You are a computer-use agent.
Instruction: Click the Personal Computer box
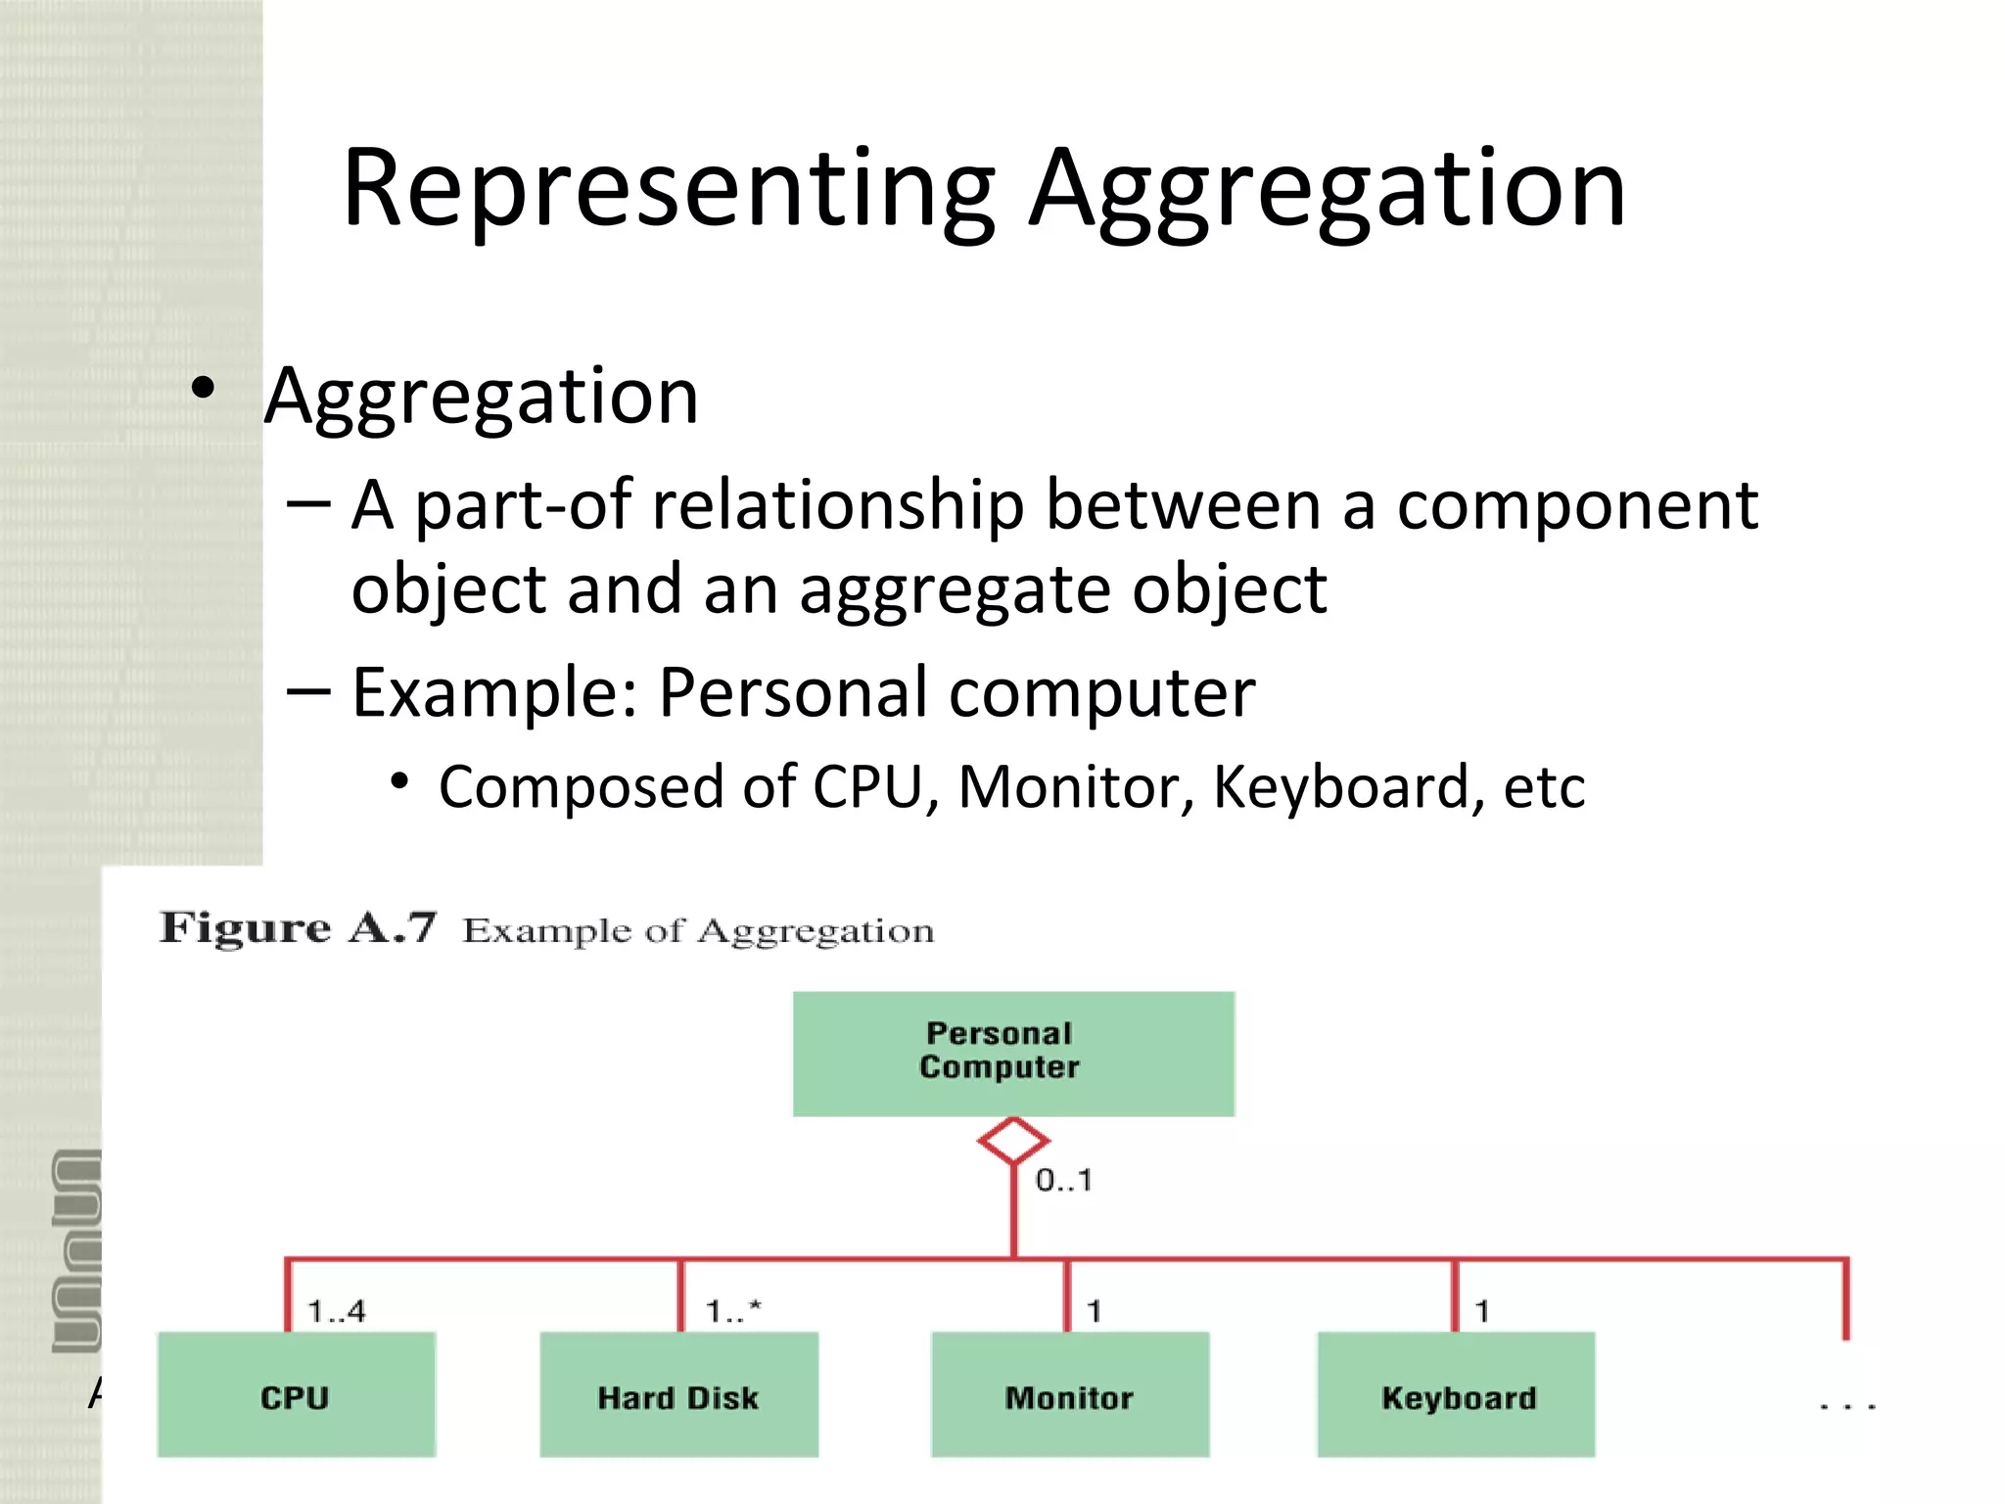click(x=1013, y=1054)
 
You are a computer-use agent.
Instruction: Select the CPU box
click(x=296, y=1394)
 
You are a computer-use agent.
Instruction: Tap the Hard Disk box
click(x=678, y=1394)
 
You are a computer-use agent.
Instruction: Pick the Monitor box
click(x=1069, y=1394)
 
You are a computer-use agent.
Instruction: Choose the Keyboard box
click(x=1456, y=1394)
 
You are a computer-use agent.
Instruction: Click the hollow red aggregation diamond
click(x=1013, y=1141)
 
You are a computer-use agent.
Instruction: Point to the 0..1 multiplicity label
click(x=1063, y=1180)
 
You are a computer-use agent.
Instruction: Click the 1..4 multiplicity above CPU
click(x=336, y=1311)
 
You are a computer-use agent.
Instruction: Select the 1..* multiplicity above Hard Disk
click(x=733, y=1311)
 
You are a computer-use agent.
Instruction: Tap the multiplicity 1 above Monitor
click(x=1094, y=1311)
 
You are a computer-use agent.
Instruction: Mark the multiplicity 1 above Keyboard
click(x=1482, y=1311)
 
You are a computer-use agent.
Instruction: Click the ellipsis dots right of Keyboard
click(x=1846, y=1406)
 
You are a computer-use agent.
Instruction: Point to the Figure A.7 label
click(x=297, y=927)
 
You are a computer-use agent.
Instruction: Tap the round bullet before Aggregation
click(x=203, y=389)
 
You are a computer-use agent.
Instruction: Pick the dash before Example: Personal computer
click(x=309, y=692)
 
